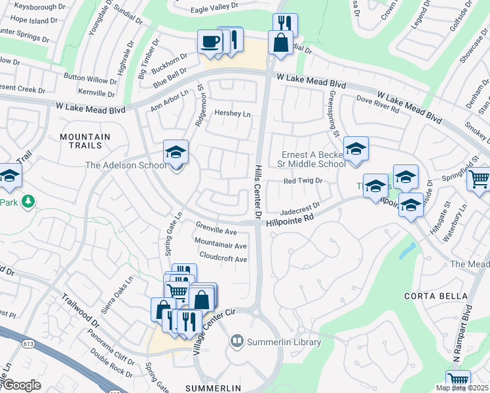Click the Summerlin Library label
(x=284, y=342)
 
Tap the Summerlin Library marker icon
(x=236, y=341)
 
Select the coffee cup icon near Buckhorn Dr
(x=210, y=42)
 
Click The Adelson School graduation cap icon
(x=176, y=153)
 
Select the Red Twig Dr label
(x=304, y=181)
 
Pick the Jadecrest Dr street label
(x=299, y=208)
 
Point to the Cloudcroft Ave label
(x=223, y=258)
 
